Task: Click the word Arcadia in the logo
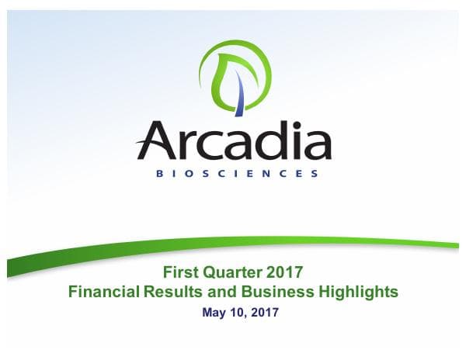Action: pyautogui.click(x=233, y=142)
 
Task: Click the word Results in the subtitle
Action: pyautogui.click(x=172, y=292)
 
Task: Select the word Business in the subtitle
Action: pyautogui.click(x=267, y=292)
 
